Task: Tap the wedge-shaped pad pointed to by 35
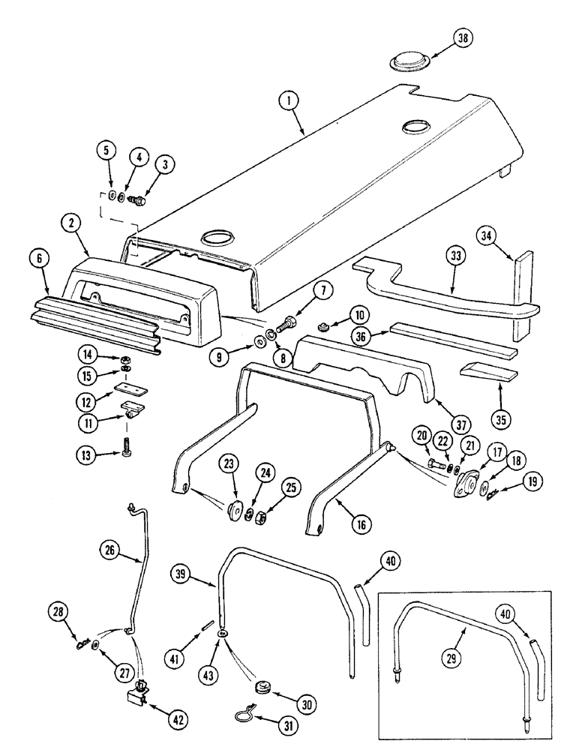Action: (x=485, y=372)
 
